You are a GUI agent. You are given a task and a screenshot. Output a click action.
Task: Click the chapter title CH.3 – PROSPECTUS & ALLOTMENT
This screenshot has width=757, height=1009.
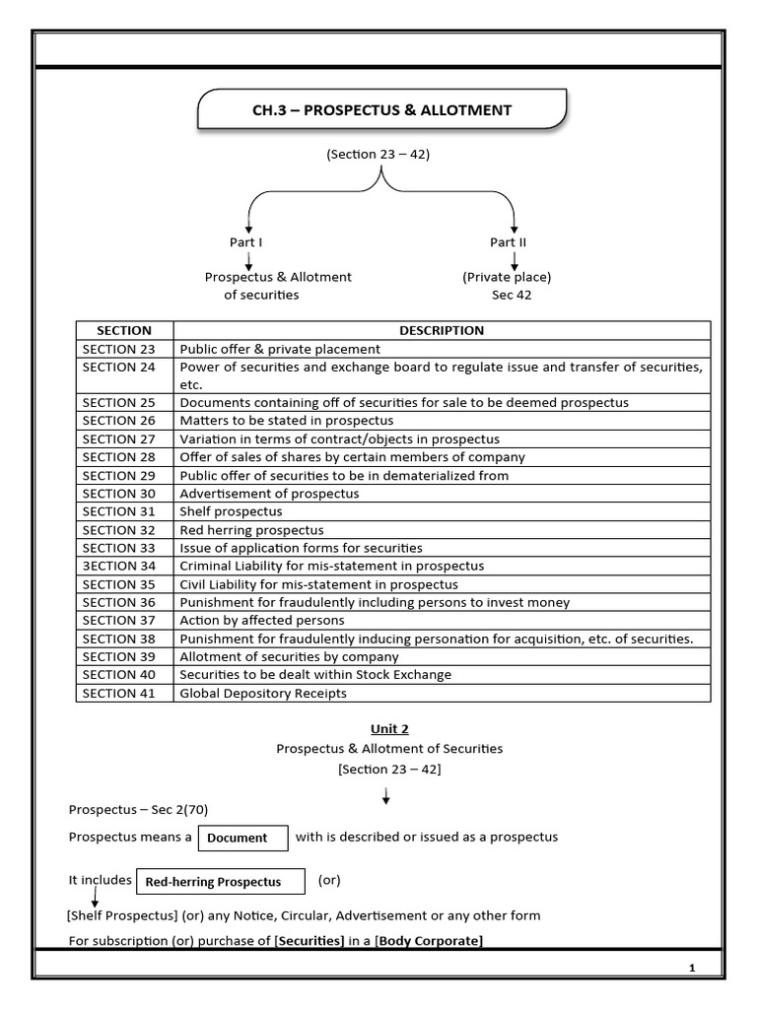coord(382,110)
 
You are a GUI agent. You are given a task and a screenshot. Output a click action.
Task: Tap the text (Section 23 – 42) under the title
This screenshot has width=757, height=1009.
coord(378,155)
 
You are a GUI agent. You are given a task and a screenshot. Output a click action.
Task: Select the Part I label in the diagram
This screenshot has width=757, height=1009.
coord(246,242)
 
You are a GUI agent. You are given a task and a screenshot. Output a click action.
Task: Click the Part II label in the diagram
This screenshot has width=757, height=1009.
coord(508,242)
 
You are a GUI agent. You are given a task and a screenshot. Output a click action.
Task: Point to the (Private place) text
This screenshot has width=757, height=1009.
coord(507,277)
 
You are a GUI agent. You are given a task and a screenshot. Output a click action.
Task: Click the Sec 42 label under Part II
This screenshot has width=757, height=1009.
coord(512,295)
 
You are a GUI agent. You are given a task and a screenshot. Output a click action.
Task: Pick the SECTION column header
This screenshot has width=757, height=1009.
coord(124,330)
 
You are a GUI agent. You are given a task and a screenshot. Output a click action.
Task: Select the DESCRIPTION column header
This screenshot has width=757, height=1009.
coord(441,330)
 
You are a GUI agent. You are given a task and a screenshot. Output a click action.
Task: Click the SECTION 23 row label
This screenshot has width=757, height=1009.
coord(119,349)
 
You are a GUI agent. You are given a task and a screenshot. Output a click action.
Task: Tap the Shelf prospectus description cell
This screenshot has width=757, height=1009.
coord(231,511)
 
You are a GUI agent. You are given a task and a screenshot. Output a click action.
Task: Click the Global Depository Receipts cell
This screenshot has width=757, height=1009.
coord(262,693)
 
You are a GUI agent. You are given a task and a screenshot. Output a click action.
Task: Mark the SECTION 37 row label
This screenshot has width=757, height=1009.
coord(119,620)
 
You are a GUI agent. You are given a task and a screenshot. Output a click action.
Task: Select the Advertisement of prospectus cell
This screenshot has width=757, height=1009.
coord(269,494)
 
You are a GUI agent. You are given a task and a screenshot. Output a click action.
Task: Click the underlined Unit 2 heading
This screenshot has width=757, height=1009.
coord(389,729)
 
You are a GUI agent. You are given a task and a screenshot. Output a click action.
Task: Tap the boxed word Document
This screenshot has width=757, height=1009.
coord(238,838)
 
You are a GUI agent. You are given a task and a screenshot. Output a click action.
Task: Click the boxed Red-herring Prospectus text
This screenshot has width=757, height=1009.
coord(213,882)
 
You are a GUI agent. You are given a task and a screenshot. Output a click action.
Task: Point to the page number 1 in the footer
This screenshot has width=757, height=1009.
coord(692,968)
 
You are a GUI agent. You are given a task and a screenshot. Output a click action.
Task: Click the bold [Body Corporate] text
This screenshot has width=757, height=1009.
coord(430,941)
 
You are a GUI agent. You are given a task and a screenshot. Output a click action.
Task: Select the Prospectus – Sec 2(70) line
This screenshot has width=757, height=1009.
coord(138,809)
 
